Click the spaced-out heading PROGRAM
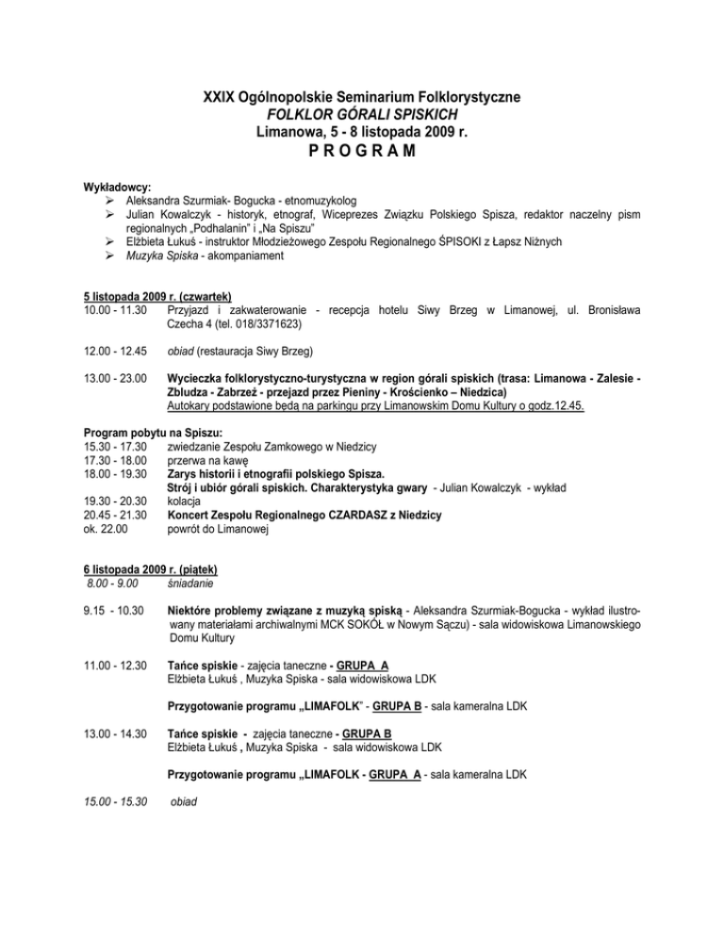362,153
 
